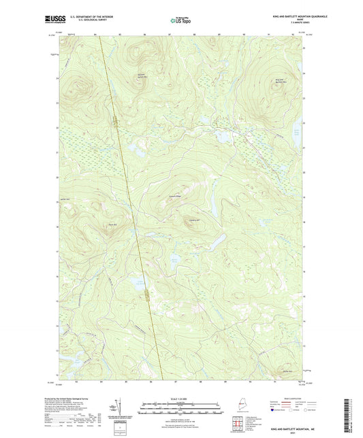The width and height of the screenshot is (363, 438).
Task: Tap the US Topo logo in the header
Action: point(178,20)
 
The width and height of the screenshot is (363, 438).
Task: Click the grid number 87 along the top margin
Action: point(169,33)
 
